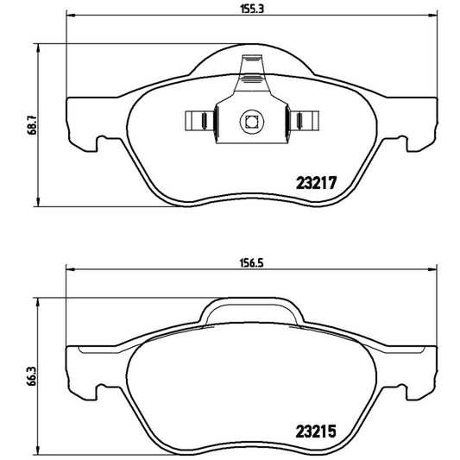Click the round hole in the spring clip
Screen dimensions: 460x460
tap(251, 121)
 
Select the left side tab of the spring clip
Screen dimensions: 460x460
tap(197, 119)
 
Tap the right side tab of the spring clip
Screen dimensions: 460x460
tap(305, 119)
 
